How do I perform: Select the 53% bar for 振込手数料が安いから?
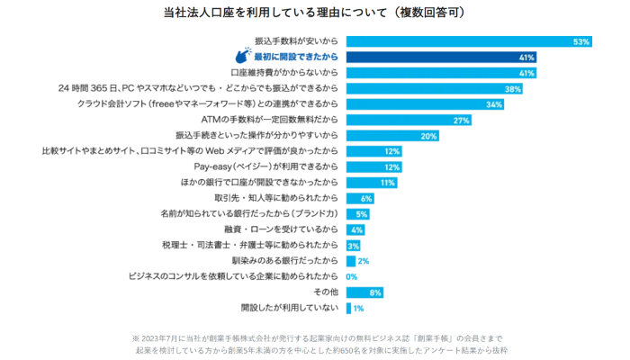[x=468, y=41]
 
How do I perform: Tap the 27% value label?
[x=462, y=120]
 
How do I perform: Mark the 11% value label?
[x=388, y=183]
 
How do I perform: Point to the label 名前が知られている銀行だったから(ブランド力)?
[x=251, y=214]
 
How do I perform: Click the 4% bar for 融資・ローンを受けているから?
[x=355, y=229]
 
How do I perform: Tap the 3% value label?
[x=354, y=246]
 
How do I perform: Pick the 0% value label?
[x=352, y=276]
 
